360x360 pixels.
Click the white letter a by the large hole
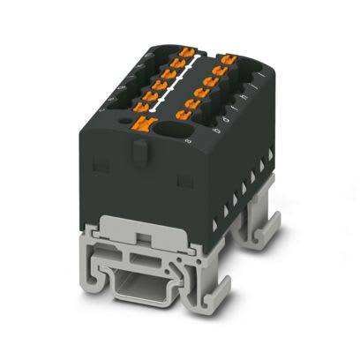coord(186,139)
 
